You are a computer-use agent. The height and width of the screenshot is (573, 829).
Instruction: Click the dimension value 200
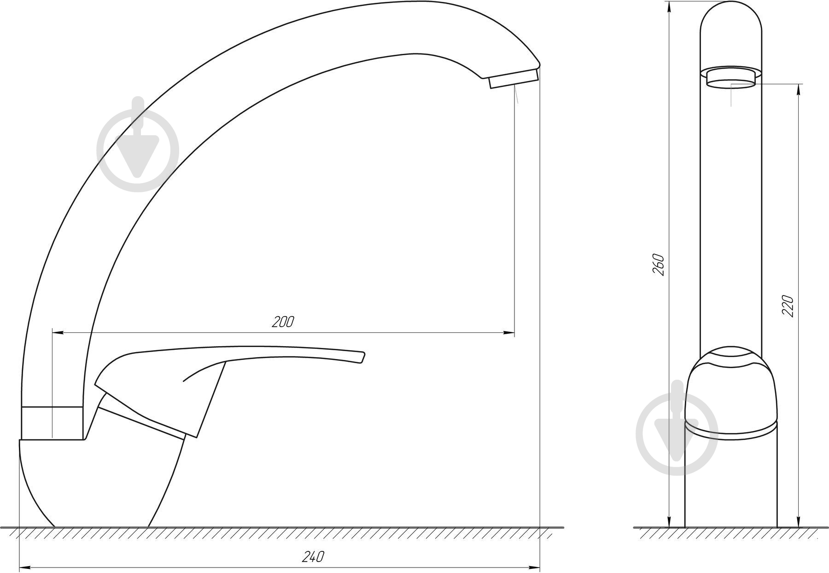point(282,322)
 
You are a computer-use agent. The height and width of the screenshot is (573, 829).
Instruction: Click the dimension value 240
point(313,557)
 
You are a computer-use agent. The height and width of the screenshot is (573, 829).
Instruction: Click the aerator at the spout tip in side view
point(513,79)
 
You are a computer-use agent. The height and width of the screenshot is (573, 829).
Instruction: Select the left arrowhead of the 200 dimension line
point(58,332)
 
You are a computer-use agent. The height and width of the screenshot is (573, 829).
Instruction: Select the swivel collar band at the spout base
point(52,423)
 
